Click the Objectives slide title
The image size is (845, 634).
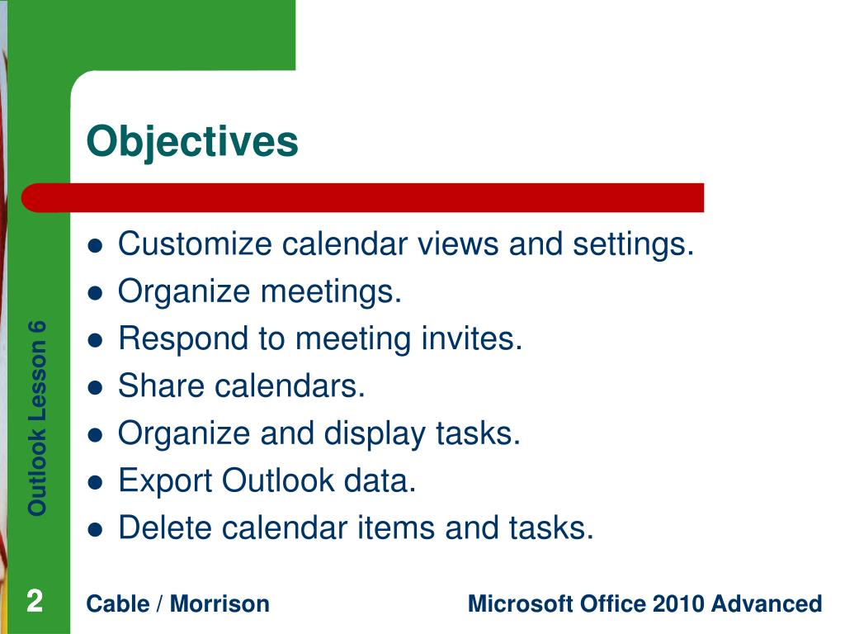point(192,141)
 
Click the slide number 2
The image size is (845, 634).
point(34,601)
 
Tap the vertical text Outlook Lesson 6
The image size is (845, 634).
point(37,417)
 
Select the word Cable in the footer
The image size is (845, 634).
point(116,603)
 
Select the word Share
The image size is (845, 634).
point(154,386)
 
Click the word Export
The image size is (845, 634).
point(164,480)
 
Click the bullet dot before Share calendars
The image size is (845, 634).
point(96,387)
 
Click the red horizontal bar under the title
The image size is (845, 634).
point(363,198)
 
